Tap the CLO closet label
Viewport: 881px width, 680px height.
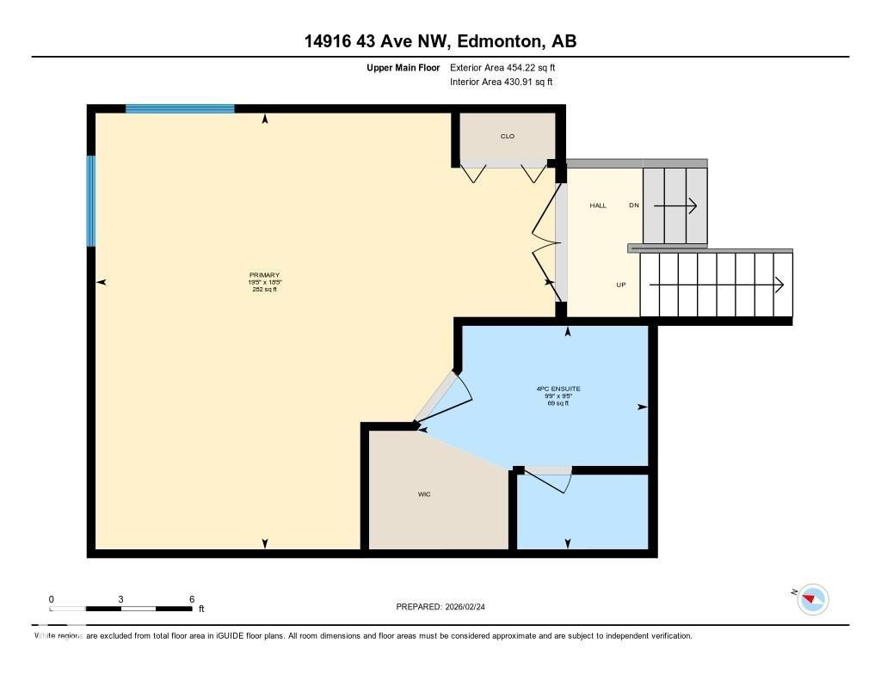pos(507,136)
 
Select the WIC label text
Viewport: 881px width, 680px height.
pos(423,494)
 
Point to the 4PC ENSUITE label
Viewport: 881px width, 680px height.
pos(558,389)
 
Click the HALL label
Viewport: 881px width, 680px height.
pos(598,205)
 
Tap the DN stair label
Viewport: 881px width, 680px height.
pos(634,205)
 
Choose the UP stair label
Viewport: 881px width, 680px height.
pos(620,285)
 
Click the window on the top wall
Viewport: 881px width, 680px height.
pos(180,109)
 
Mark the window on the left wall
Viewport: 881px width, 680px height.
pos(90,201)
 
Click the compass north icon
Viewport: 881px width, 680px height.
pos(812,598)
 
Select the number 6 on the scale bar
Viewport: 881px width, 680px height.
pos(192,599)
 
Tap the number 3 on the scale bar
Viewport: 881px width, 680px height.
pos(121,599)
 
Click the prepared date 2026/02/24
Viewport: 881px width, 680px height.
pos(470,606)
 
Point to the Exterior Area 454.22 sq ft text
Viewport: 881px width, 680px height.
pos(508,67)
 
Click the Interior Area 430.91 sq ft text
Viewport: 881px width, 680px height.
pos(501,83)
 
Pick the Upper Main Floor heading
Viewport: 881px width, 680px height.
pos(403,67)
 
